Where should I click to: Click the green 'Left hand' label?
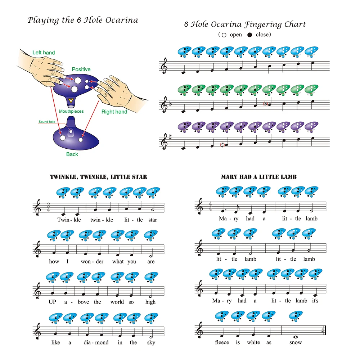[44, 53]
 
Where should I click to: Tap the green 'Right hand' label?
[114, 112]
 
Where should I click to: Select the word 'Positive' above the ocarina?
[81, 69]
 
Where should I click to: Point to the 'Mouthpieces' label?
[71, 112]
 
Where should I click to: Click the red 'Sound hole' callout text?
[47, 122]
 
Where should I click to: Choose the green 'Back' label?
[72, 154]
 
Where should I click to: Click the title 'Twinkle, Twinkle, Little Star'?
[98, 177]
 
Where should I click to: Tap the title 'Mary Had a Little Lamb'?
[258, 177]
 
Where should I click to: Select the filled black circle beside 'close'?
[250, 35]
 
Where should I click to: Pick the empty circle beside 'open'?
[224, 35]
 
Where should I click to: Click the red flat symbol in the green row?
[266, 104]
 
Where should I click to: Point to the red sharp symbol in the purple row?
[222, 145]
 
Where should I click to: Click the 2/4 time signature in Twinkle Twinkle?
[48, 208]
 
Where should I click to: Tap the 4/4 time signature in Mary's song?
[209, 207]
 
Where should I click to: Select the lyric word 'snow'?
[296, 342]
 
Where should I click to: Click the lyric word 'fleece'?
[222, 342]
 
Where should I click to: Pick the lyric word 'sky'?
[151, 342]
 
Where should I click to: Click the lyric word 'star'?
[153, 220]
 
